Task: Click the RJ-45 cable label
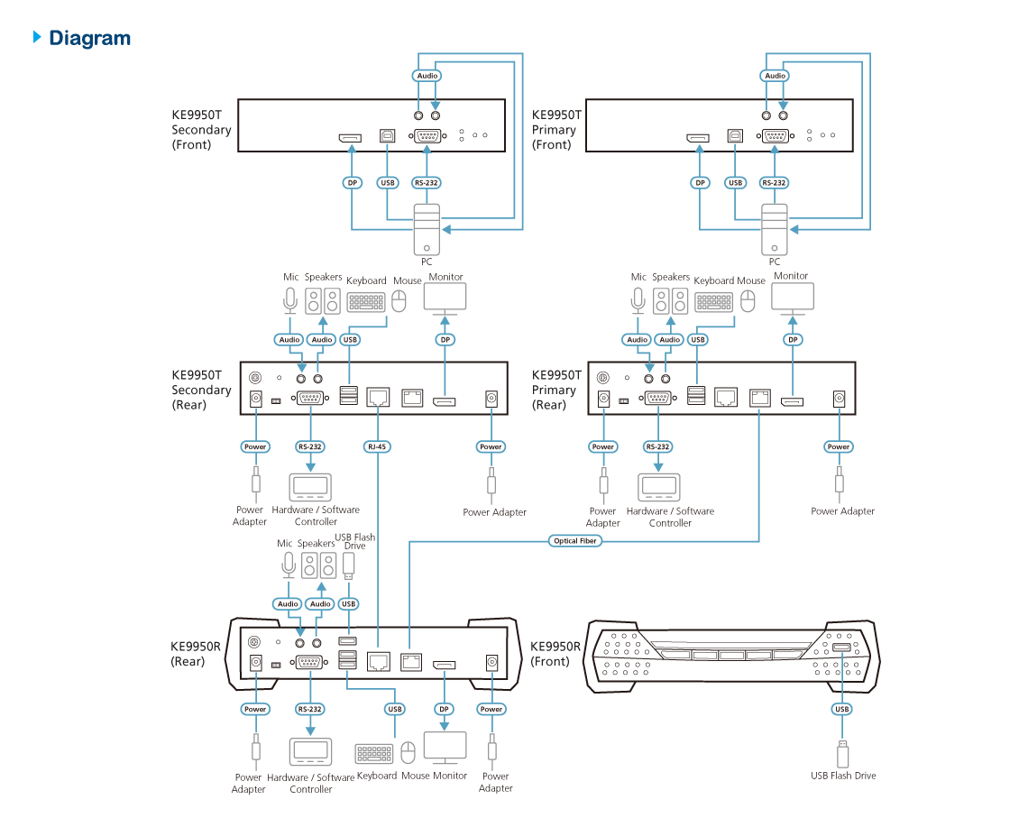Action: (378, 446)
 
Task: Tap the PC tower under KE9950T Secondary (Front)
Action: (427, 229)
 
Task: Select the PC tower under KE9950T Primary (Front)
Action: (774, 229)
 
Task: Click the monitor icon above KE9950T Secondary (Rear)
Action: (445, 299)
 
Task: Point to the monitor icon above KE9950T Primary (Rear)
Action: (793, 299)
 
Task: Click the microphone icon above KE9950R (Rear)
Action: (288, 565)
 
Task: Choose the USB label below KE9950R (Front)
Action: (842, 709)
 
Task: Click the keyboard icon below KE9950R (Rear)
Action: (374, 754)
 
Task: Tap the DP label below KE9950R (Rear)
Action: (444, 709)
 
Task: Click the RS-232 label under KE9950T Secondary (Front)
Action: (427, 182)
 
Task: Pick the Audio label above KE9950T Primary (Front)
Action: (776, 76)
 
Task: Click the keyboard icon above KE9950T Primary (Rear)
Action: (714, 301)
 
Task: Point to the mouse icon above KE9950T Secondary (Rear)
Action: (400, 301)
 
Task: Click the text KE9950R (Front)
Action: (551, 654)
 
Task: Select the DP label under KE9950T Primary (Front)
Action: (700, 182)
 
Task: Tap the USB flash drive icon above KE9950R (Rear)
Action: (349, 565)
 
